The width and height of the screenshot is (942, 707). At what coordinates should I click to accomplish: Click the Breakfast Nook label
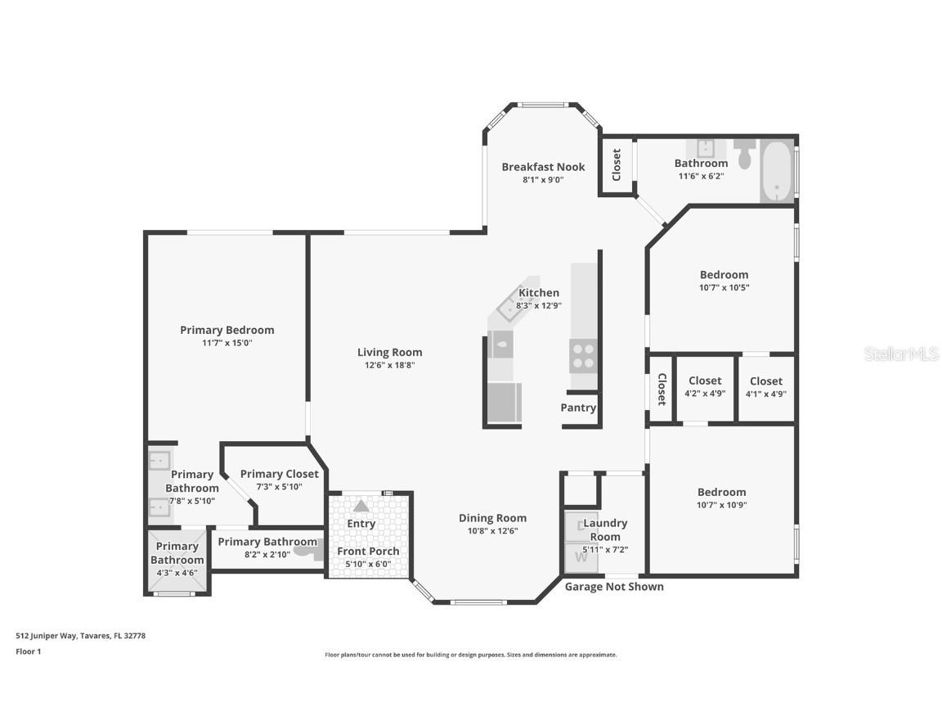(x=543, y=167)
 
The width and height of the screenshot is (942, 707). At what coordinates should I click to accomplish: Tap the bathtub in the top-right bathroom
(x=776, y=171)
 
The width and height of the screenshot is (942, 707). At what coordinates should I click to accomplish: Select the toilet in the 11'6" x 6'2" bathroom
(x=744, y=153)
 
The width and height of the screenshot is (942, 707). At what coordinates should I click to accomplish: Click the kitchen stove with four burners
(x=583, y=356)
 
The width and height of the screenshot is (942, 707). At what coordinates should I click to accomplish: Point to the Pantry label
(x=578, y=408)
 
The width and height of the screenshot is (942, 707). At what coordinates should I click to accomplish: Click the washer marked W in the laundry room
(x=581, y=557)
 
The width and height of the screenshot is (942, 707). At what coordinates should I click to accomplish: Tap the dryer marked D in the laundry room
(x=581, y=526)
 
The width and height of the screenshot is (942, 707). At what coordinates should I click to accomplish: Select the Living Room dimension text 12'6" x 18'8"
(x=390, y=366)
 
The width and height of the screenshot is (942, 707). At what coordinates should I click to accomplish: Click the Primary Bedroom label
(x=227, y=330)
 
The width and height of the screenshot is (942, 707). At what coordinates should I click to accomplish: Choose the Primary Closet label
(x=279, y=474)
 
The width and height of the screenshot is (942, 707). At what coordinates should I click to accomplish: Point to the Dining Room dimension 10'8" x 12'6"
(x=492, y=531)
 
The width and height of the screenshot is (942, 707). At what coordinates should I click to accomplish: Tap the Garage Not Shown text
(x=614, y=587)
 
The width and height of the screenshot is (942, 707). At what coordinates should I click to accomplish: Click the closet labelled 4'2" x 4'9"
(x=705, y=386)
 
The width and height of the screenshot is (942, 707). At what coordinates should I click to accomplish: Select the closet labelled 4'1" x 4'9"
(x=766, y=386)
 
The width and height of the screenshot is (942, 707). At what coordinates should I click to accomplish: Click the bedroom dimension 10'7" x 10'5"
(x=724, y=288)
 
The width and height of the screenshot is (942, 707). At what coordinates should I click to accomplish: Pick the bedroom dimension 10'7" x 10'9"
(x=721, y=505)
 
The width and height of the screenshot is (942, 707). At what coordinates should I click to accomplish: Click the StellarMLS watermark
(x=901, y=353)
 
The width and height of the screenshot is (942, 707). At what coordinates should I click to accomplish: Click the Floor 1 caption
(x=28, y=651)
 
